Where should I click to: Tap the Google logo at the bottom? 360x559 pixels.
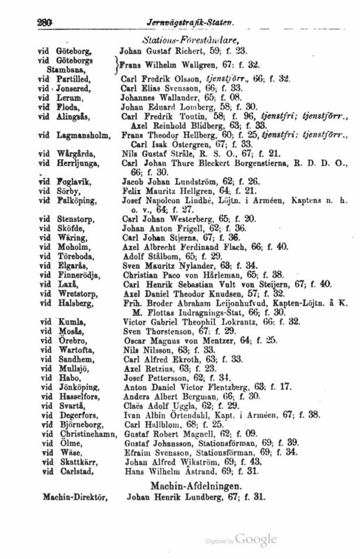[256, 539]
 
